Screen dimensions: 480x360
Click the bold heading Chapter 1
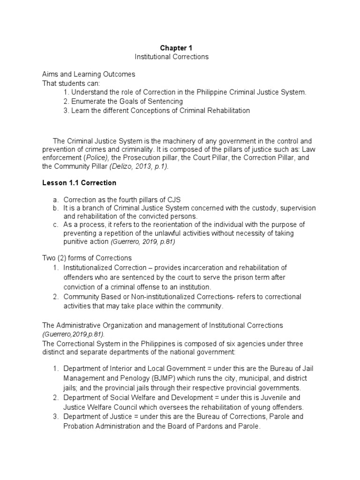(176, 48)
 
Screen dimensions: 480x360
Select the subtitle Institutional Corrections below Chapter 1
(172, 57)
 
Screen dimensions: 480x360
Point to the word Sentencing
(166, 101)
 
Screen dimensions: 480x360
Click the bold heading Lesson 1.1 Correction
(79, 182)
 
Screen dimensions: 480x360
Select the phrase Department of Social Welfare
(103, 397)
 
